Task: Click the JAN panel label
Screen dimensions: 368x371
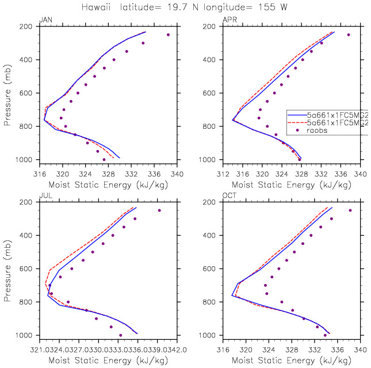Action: pyautogui.click(x=44, y=20)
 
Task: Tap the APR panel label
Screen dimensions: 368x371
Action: pyautogui.click(x=228, y=20)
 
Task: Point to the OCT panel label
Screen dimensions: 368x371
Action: pyautogui.click(x=229, y=196)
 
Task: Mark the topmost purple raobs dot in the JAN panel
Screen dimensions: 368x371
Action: pyautogui.click(x=168, y=34)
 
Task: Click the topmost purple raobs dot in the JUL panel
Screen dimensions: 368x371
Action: pyautogui.click(x=159, y=210)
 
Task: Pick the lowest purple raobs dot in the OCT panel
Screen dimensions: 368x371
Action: pyautogui.click(x=325, y=335)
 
